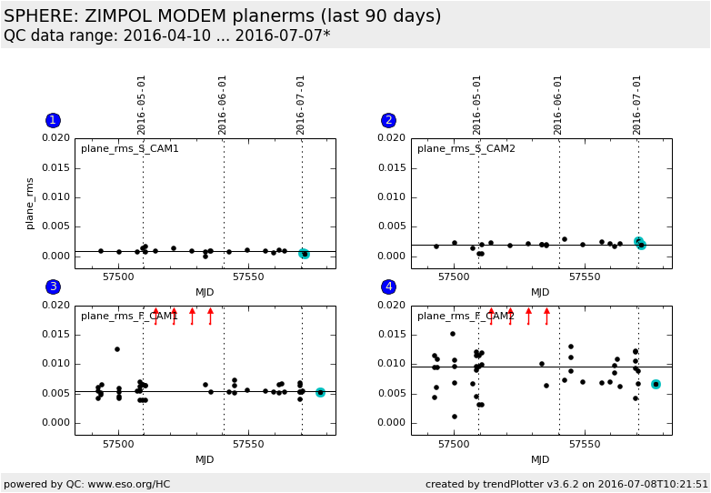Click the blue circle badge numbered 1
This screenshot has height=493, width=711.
coord(53,120)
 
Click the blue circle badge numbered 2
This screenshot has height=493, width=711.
coord(388,120)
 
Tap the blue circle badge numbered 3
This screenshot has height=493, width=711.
coord(53,287)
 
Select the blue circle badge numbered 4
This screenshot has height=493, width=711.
coord(388,287)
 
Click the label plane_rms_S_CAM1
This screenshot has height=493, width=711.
coord(129,148)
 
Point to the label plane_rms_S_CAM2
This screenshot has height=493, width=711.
coord(466,148)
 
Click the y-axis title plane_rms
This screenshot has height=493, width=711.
coord(30,203)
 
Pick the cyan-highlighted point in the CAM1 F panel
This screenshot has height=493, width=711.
coord(320,392)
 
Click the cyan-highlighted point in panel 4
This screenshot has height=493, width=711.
coord(656,385)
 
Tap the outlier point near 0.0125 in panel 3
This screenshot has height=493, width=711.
coord(117,349)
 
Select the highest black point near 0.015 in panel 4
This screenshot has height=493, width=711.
coord(452,334)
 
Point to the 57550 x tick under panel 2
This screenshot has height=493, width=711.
coord(584,277)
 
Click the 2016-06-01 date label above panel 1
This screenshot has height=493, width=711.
coord(223,105)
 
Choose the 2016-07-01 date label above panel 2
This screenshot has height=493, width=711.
coord(637,105)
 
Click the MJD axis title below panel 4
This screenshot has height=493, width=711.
coord(540,459)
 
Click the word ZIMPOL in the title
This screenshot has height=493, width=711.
coord(125,16)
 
